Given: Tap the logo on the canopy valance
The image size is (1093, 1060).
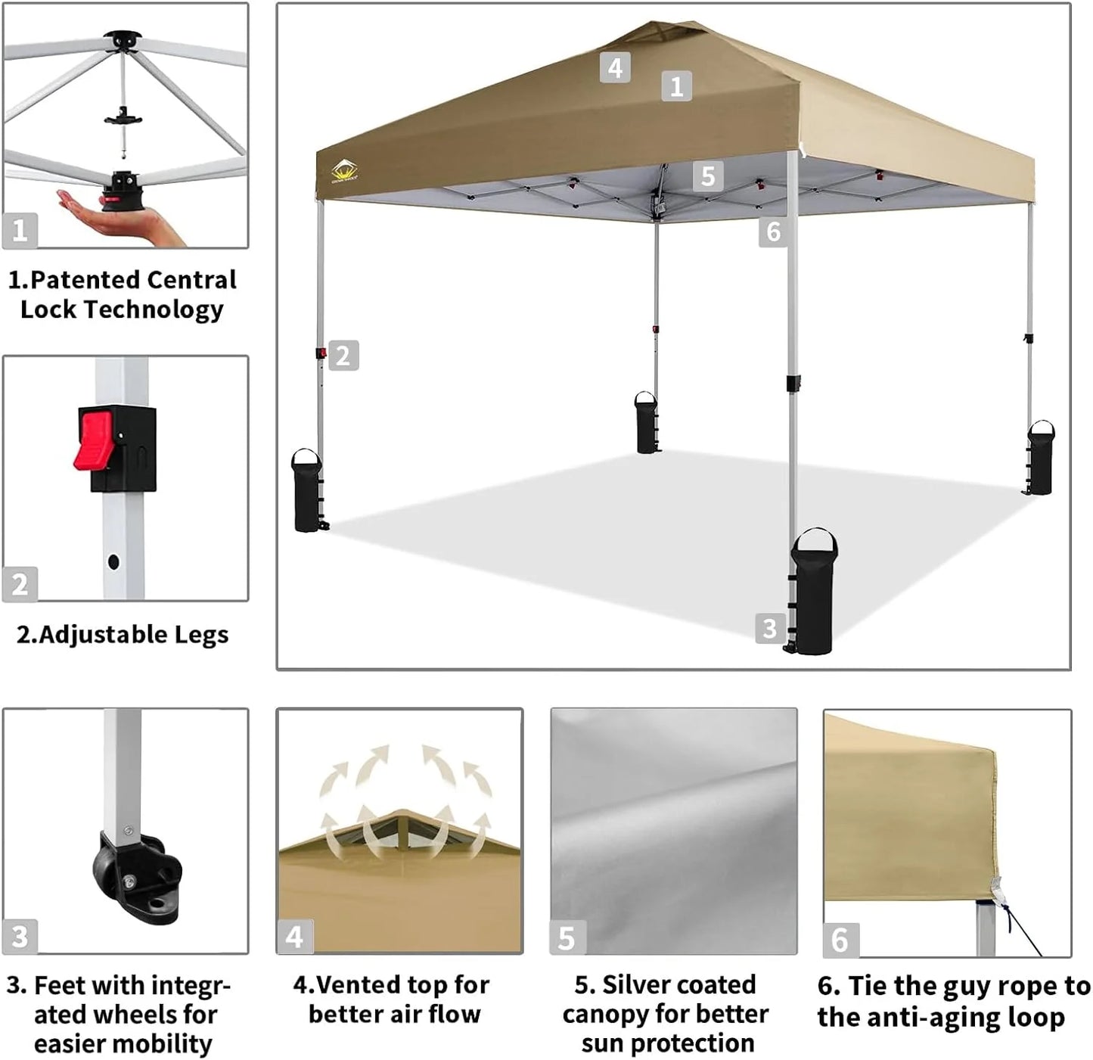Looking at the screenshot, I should coord(344,173).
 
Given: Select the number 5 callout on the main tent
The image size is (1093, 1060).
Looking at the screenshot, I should coord(707,176).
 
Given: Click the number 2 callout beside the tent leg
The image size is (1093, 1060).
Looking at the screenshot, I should coord(343,356).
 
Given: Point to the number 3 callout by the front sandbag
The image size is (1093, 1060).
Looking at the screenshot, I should coord(769,628).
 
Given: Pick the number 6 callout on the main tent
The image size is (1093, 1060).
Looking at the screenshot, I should coord(773,231).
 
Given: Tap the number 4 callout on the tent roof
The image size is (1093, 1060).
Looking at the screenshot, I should coord(615,68).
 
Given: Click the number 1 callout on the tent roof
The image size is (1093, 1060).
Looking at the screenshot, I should coord(676,86).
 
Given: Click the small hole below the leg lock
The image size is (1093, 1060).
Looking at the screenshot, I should coord(113,562).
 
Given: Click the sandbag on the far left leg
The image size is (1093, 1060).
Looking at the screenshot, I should coord(306,492).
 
